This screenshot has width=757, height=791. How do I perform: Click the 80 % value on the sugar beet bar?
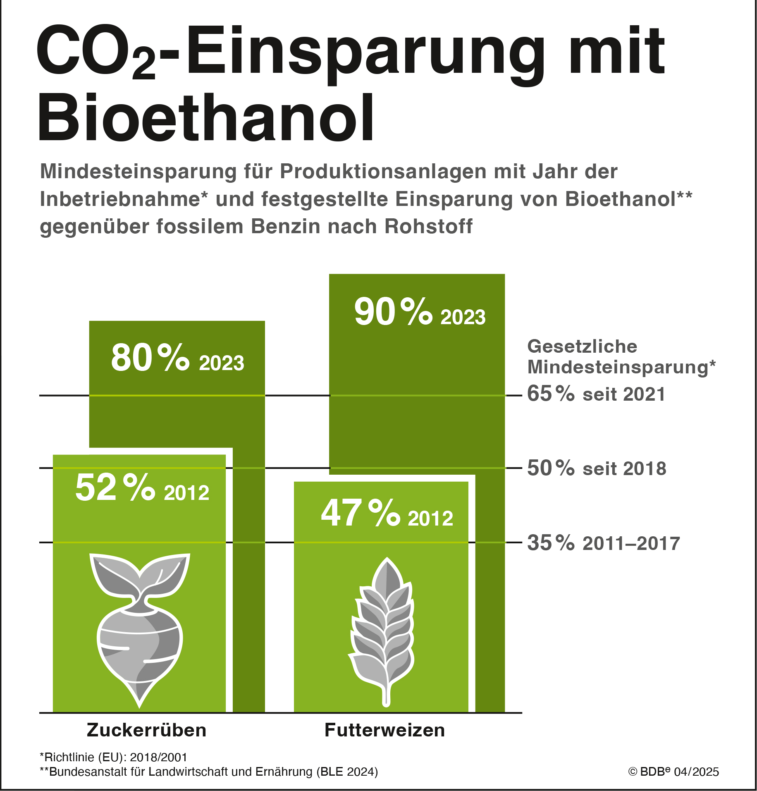point(150,358)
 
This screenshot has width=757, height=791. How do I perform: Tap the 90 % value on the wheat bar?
point(393,312)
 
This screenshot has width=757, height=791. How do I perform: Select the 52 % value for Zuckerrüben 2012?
point(115,488)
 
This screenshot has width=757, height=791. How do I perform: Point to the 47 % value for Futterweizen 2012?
point(361,514)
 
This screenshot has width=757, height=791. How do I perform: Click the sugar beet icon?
point(140,628)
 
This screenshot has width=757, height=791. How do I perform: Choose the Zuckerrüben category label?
point(146,730)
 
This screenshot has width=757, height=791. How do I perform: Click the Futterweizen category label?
point(384,730)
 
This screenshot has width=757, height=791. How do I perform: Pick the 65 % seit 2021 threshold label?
point(596,394)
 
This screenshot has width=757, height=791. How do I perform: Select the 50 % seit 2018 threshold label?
point(597,468)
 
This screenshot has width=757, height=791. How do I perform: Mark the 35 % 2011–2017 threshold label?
point(603,543)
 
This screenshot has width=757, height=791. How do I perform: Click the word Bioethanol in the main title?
point(206,118)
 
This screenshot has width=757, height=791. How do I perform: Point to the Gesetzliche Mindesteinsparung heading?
point(621,357)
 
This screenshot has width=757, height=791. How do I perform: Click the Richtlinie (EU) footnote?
point(113,758)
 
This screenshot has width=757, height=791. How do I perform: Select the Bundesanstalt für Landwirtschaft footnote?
point(208,772)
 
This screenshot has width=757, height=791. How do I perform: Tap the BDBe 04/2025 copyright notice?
point(673,772)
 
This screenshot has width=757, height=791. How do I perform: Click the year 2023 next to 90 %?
point(463,318)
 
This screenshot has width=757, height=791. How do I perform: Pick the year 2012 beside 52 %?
point(186,493)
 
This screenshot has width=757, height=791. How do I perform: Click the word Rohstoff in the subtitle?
point(428,227)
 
